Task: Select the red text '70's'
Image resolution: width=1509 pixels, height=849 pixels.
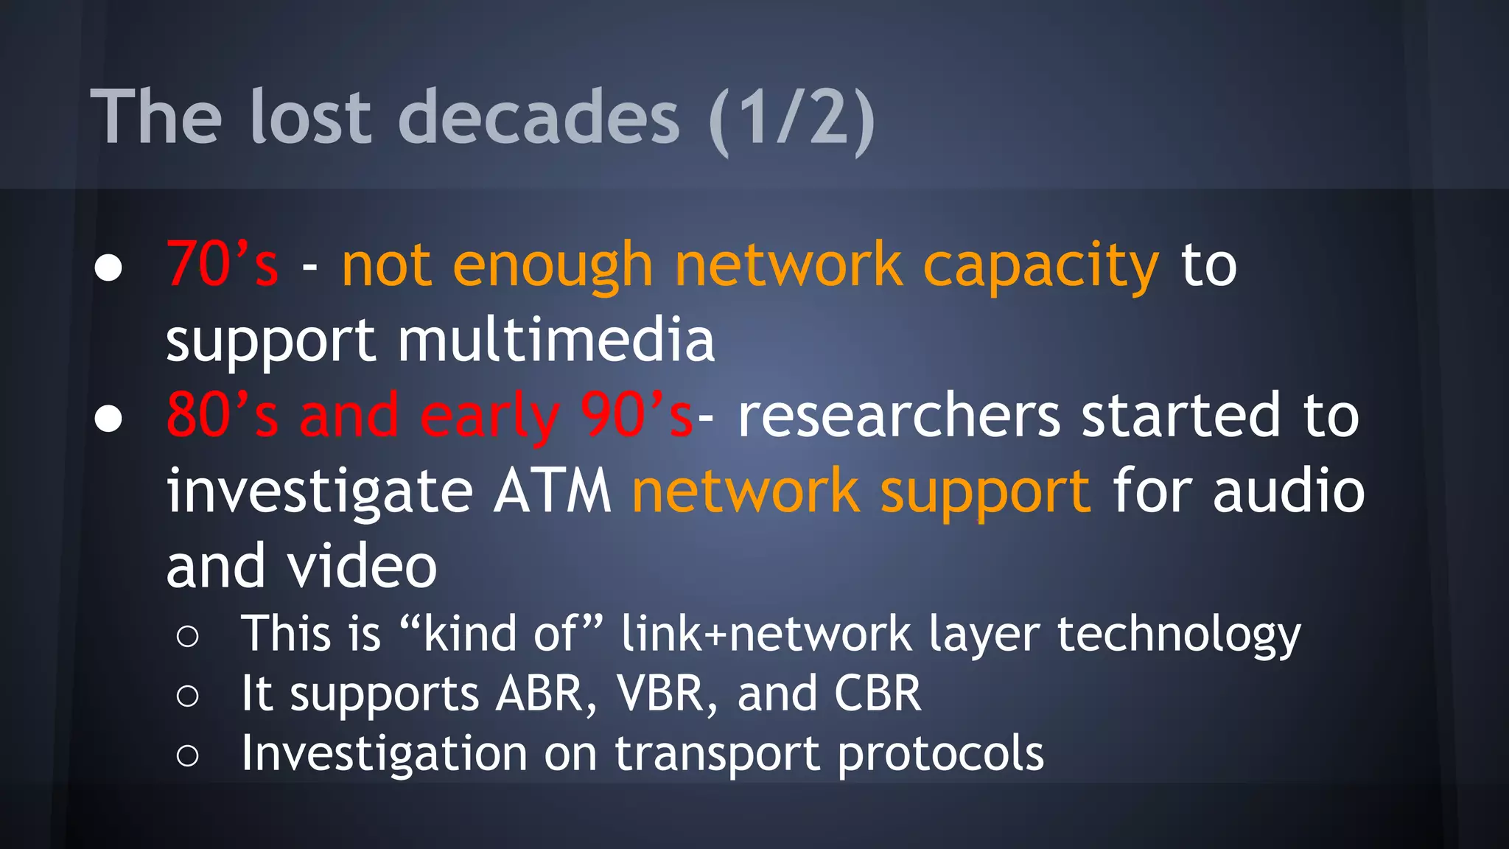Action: tap(223, 264)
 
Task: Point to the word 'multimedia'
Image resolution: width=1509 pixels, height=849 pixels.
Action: tap(556, 340)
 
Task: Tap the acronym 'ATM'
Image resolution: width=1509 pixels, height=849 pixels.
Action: tap(553, 491)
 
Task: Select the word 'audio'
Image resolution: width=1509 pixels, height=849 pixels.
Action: tap(1289, 491)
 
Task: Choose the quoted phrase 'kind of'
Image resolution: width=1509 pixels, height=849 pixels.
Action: tap(500, 633)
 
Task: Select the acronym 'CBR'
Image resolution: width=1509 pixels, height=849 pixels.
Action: tap(877, 693)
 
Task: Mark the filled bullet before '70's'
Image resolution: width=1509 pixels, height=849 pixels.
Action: tap(108, 268)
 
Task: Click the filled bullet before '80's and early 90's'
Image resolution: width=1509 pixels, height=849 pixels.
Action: tap(108, 419)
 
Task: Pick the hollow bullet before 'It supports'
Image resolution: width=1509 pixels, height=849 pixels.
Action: tap(188, 696)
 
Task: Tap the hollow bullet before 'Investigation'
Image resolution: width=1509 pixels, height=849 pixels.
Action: tap(188, 755)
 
